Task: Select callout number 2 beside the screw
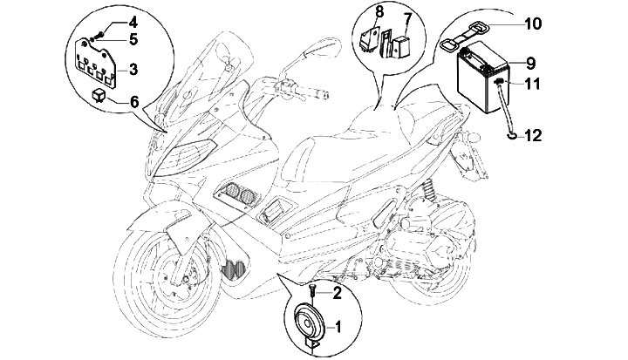pyautogui.click(x=338, y=294)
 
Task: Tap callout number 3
pyautogui.click(x=132, y=67)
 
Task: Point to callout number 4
pyautogui.click(x=133, y=21)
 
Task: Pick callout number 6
pyautogui.click(x=133, y=101)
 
